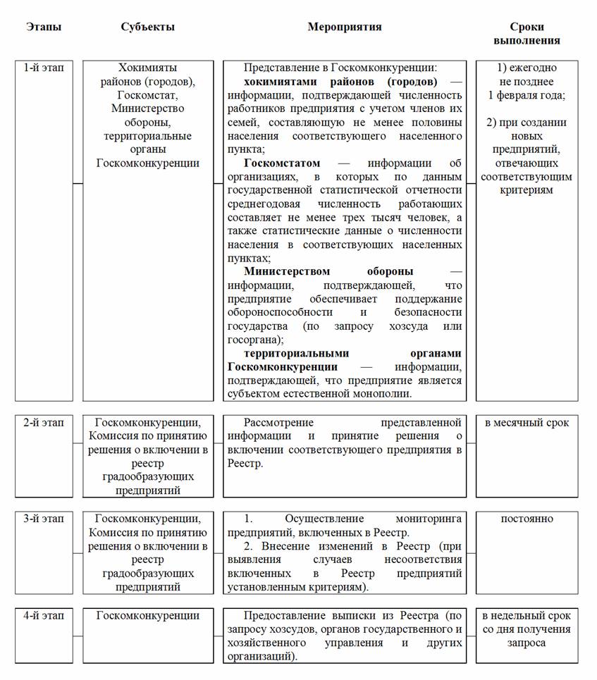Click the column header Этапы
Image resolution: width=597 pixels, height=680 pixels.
click(44, 27)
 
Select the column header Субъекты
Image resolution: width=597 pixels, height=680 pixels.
click(147, 27)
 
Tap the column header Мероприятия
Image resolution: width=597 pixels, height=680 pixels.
click(344, 27)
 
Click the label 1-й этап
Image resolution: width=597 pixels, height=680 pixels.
click(44, 68)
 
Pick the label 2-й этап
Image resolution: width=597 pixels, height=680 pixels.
click(44, 423)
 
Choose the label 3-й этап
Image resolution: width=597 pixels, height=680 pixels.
click(44, 519)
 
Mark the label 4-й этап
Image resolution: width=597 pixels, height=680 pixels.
click(44, 615)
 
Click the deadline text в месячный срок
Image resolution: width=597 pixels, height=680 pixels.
click(527, 423)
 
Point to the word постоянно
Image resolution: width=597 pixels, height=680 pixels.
click(527, 519)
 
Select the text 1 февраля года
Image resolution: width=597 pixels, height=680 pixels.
click(527, 95)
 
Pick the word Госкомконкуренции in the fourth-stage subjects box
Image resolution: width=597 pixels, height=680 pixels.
click(147, 615)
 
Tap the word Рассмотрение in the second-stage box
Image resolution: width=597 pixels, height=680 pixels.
click(278, 423)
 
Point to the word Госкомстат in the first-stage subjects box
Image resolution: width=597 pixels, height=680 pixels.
click(147, 95)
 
